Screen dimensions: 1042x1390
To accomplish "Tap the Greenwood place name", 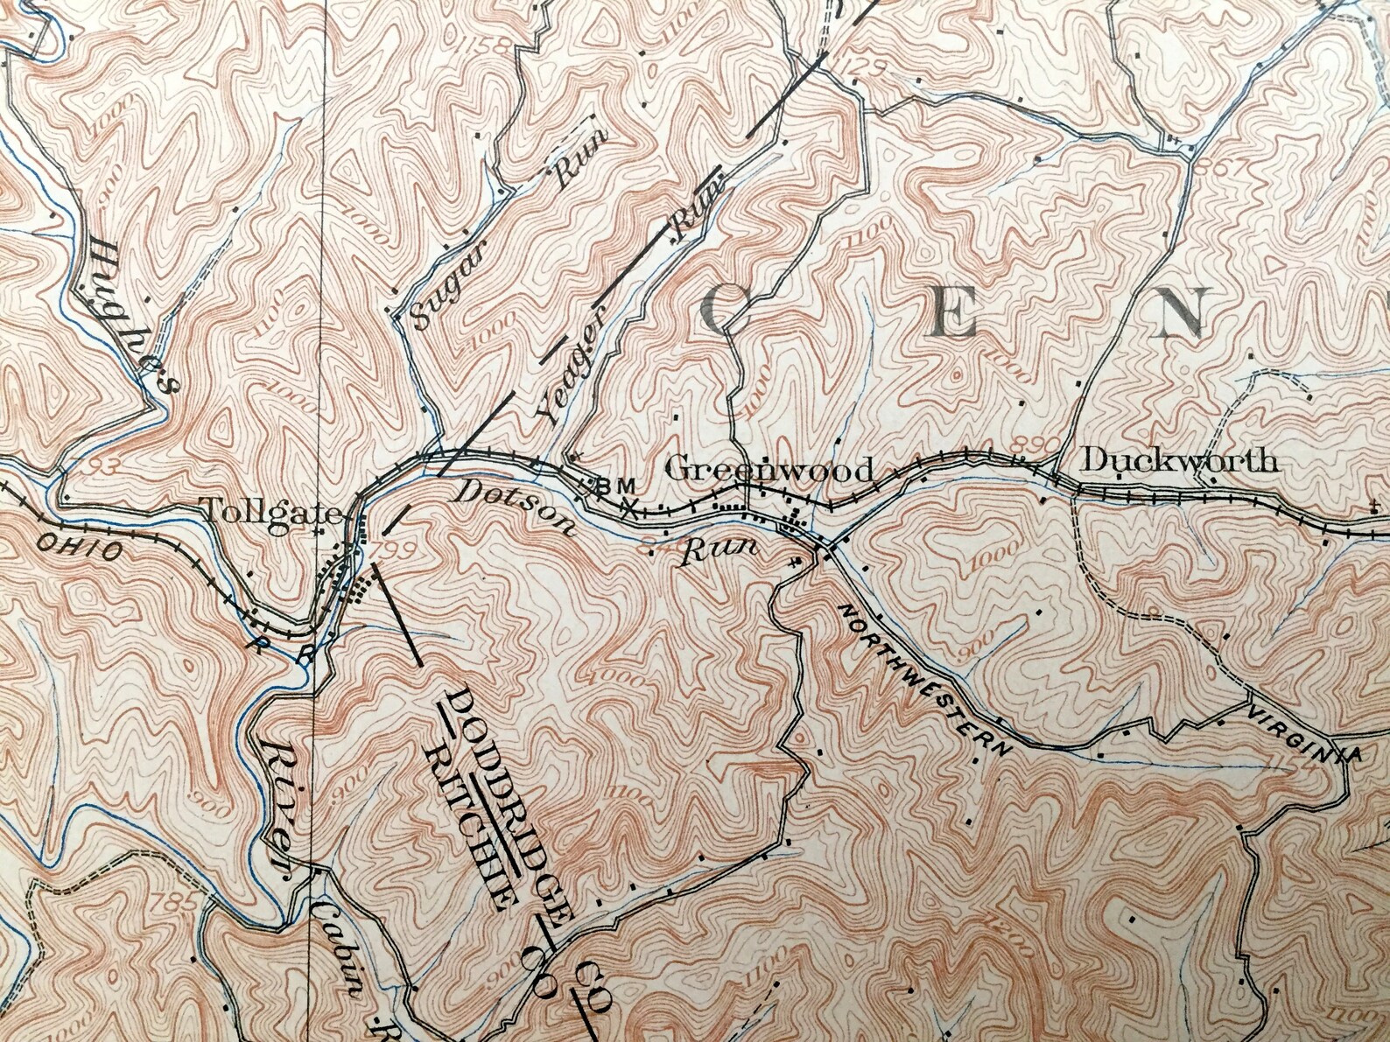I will click(769, 469).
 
